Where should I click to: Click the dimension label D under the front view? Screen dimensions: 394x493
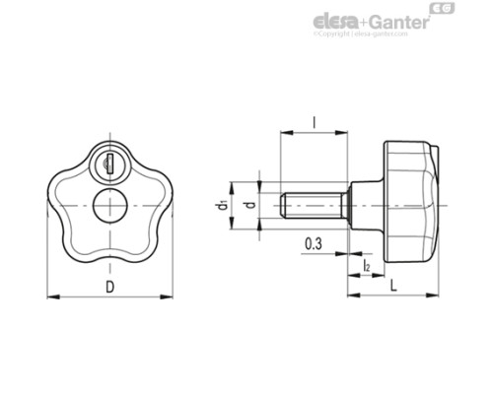(x=110, y=287)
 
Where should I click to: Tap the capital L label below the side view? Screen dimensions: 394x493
(x=394, y=286)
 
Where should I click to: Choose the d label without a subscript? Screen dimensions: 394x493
(x=250, y=208)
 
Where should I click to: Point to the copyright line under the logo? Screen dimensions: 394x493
(x=394, y=34)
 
